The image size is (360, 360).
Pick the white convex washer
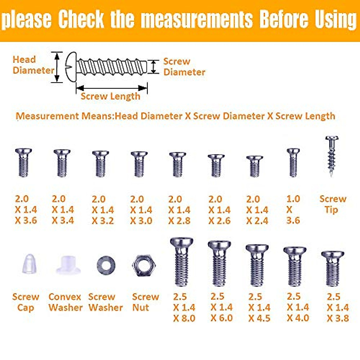pos(68,265)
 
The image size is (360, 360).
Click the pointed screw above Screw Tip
pos(332,156)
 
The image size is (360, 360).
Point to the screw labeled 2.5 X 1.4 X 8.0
pos(181,262)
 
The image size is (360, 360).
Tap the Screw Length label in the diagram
pos(110,96)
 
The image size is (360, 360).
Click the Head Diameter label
pos(33,65)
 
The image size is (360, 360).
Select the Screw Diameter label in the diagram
pos(184,67)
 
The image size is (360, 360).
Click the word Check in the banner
pos(81,19)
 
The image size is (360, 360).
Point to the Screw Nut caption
pos(145,302)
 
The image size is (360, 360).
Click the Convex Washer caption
pos(65,302)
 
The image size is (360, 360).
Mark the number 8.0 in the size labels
pos(188,318)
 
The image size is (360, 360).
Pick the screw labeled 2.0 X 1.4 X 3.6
pos(23,162)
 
